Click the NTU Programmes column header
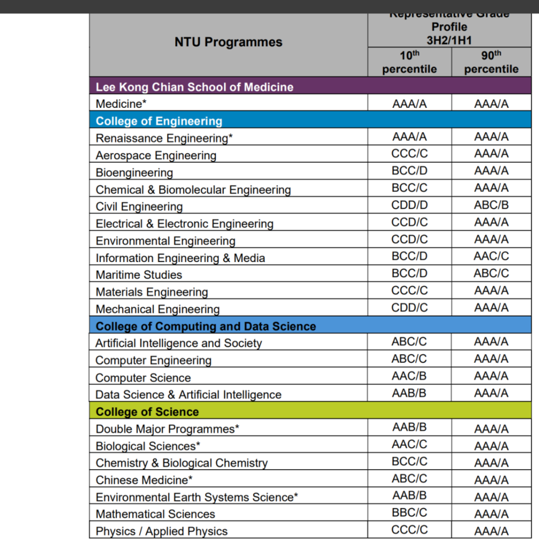[x=228, y=42]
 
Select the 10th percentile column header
[x=410, y=62]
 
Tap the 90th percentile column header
[x=491, y=62]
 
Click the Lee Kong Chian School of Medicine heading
[x=195, y=87]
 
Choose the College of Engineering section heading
[x=159, y=121]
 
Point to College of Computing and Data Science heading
[x=206, y=326]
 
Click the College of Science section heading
[x=147, y=412]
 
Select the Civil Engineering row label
[x=139, y=207]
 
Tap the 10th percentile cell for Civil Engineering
[x=410, y=205]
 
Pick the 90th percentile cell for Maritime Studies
[x=491, y=273]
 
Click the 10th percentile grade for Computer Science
[x=410, y=376]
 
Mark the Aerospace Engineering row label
[x=156, y=155]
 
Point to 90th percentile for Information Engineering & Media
[x=491, y=256]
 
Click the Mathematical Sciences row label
[x=155, y=514]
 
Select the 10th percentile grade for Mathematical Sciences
[x=410, y=513]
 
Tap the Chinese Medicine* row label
[x=144, y=480]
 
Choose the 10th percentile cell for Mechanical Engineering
[x=410, y=308]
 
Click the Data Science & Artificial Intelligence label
[x=188, y=395]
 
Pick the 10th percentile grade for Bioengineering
[x=410, y=171]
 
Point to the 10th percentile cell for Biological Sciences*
[x=410, y=444]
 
